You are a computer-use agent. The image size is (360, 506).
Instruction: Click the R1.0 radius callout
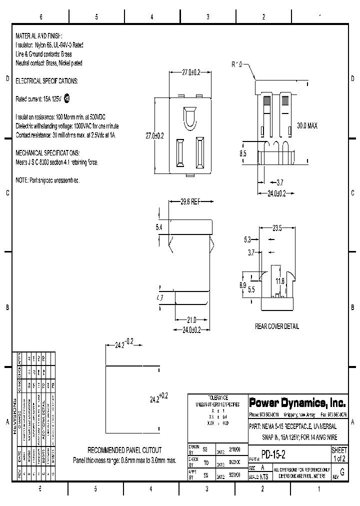[x=236, y=64]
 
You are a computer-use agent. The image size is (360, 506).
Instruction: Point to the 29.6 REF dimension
[x=190, y=202]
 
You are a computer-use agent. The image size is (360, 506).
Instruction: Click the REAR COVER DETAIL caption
[x=276, y=326]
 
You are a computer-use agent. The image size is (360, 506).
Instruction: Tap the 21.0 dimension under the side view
[x=191, y=320]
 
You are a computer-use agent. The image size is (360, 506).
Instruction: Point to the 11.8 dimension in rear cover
[x=279, y=281]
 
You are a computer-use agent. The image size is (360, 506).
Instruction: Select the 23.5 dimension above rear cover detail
[x=277, y=228]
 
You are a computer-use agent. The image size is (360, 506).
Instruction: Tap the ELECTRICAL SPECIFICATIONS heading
[x=46, y=80]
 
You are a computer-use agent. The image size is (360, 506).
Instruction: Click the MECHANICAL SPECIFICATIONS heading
[x=47, y=152]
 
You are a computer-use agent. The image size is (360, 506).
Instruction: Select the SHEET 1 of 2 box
[x=339, y=454]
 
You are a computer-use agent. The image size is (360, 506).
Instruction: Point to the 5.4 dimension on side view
[x=159, y=227]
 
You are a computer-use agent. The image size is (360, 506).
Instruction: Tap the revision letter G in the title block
[x=342, y=472]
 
